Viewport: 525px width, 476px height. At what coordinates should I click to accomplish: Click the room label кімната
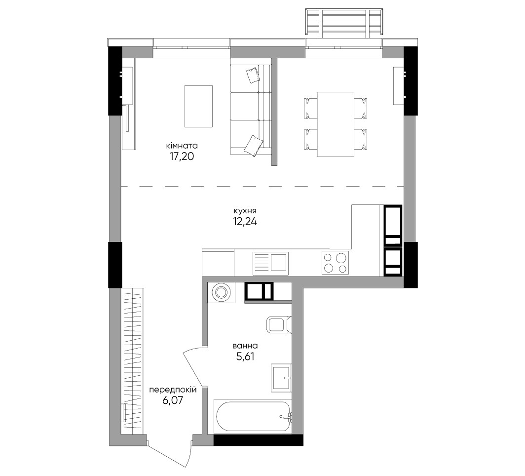pos(182,146)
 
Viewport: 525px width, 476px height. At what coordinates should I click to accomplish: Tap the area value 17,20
pos(182,157)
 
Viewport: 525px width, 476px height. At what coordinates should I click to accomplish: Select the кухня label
pos(245,211)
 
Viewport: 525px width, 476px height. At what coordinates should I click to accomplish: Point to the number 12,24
pos(245,222)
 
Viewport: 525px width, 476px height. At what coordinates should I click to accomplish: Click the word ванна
pos(245,346)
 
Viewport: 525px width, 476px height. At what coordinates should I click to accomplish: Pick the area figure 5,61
pos(245,357)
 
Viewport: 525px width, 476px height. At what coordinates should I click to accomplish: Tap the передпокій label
pos(173,390)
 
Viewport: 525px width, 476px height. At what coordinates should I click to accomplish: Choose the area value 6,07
pos(173,400)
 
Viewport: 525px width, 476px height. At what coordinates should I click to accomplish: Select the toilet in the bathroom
pos(279,324)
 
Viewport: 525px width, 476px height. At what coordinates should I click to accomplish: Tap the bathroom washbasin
pos(281,378)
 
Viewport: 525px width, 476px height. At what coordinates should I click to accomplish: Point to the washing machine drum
pos(221,292)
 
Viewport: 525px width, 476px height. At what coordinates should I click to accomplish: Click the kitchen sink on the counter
pos(270,264)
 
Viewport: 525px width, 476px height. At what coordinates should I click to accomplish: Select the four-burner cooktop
pos(335,263)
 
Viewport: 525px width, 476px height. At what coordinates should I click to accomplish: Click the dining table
pos(336,124)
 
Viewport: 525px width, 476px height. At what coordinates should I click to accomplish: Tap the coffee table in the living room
pos(198,107)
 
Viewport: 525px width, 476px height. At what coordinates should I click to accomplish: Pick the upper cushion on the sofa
pos(253,76)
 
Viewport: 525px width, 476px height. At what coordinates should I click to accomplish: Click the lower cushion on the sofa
pos(253,145)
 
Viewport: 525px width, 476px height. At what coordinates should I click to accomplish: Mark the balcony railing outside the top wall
pos(344,22)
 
